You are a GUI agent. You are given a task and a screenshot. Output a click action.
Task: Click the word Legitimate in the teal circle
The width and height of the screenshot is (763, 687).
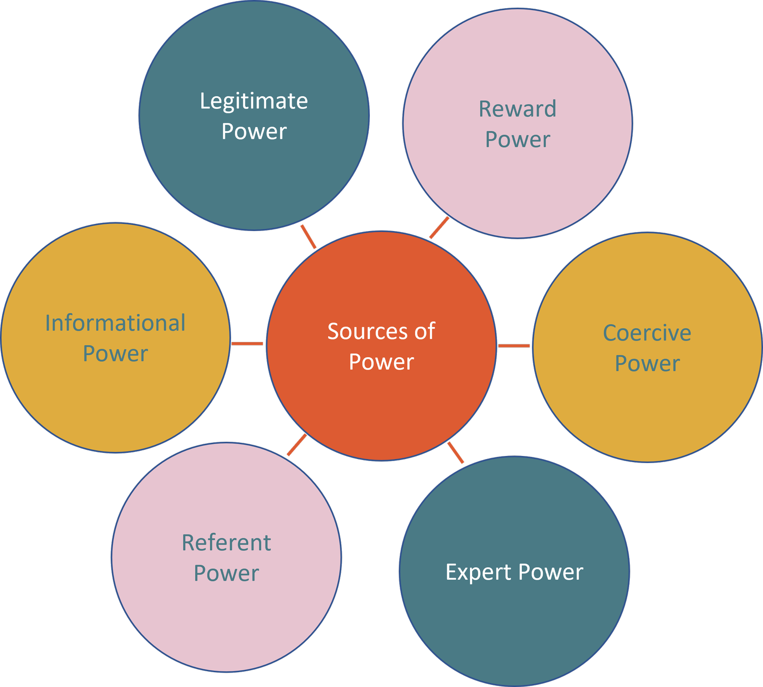pyautogui.click(x=253, y=101)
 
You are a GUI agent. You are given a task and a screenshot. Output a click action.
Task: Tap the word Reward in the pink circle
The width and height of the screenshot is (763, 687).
pyautogui.click(x=517, y=109)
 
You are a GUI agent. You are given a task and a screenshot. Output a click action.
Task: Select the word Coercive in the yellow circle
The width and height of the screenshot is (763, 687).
pyautogui.click(x=647, y=333)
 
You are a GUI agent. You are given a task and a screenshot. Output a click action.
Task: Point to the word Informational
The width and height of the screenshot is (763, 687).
pyautogui.click(x=115, y=323)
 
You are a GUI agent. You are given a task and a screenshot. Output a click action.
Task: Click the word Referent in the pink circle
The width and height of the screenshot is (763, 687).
pyautogui.click(x=226, y=542)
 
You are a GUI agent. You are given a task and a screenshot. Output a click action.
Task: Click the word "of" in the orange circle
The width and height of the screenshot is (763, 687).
pyautogui.click(x=424, y=331)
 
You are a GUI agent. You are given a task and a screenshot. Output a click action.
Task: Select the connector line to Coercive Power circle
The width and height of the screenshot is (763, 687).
pyautogui.click(x=514, y=346)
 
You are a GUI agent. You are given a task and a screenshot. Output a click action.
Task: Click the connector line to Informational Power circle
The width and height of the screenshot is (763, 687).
pyautogui.click(x=247, y=343)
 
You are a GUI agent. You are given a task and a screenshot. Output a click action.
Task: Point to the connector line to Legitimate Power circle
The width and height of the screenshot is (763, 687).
pyautogui.click(x=308, y=237)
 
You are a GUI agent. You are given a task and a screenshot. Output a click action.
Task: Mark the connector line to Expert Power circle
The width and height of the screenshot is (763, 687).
pyautogui.click(x=456, y=453)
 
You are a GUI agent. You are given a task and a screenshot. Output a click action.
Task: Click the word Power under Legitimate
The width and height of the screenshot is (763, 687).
pyautogui.click(x=254, y=131)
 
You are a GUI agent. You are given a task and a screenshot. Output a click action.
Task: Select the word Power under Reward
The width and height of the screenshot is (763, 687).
pyautogui.click(x=517, y=139)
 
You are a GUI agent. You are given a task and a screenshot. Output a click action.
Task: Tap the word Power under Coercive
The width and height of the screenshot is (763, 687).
pyautogui.click(x=647, y=363)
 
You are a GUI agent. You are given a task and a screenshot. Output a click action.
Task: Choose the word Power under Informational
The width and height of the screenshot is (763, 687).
pyautogui.click(x=115, y=354)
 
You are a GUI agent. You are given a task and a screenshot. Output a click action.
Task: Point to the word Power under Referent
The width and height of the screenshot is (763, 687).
pyautogui.click(x=226, y=573)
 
